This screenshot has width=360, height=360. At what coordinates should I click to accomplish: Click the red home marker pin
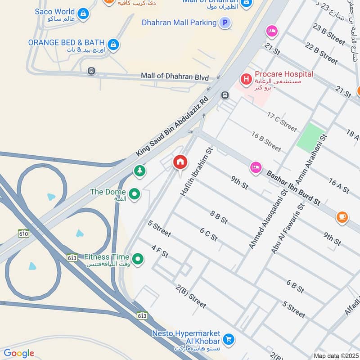180,162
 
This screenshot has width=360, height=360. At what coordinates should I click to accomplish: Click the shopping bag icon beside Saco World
83,14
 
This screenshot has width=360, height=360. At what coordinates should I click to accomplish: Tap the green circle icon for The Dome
134,194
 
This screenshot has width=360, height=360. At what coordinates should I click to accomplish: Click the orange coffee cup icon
342,217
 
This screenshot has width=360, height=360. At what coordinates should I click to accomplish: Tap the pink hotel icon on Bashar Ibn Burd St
256,167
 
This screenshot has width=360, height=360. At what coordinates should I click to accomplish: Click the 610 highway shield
24,233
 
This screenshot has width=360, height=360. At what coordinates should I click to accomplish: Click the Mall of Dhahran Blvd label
175,76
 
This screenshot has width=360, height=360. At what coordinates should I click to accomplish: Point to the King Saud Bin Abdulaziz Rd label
172,126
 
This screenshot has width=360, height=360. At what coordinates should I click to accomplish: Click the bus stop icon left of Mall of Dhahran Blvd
92,71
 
